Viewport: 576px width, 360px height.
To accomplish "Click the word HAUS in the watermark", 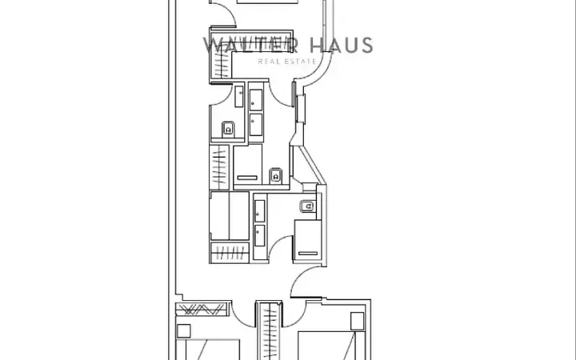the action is point(341,45).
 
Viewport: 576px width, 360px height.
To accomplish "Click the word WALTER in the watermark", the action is point(250,45).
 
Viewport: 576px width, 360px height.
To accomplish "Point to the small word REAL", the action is point(268,62).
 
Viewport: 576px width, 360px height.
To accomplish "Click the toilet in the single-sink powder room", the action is point(228,130).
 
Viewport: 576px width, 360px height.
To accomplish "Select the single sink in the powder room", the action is point(238,97).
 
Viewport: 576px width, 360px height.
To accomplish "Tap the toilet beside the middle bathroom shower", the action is point(275,175).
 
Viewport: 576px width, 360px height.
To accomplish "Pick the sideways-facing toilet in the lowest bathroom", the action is point(308,206).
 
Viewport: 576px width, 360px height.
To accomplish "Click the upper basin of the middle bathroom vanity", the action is point(256,99).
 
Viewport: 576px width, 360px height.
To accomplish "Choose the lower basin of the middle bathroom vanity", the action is point(256,125).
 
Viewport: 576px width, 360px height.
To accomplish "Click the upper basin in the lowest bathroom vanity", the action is point(260,211).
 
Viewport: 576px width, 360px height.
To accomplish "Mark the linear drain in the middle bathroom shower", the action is point(247,178).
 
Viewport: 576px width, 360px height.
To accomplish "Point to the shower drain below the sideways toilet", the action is point(308,253).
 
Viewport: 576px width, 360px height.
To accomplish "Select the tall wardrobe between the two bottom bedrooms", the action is point(270,331).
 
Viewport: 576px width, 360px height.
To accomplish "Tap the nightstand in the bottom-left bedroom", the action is point(184,331).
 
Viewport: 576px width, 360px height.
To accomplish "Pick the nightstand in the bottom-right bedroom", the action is point(357,321).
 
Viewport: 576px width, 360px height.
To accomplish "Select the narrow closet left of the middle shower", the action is point(219,167).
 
